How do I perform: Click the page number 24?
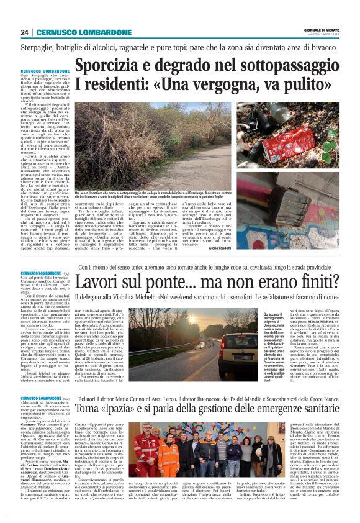[24, 33]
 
